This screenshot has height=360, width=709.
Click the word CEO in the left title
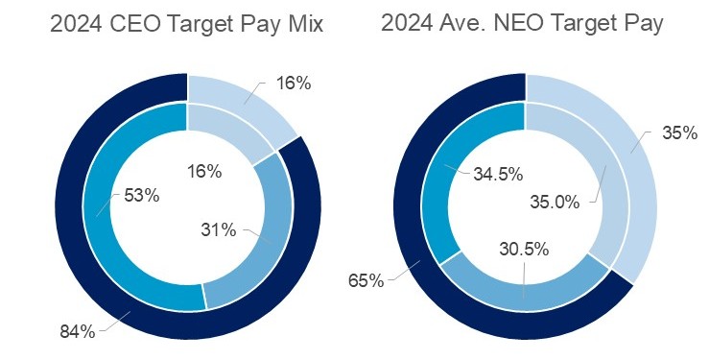pyautogui.click(x=131, y=25)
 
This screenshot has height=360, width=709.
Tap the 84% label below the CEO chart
pyautogui.click(x=77, y=332)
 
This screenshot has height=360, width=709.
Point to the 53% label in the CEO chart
pyautogui.click(x=141, y=195)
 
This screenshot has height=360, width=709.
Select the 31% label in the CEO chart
pyautogui.click(x=219, y=229)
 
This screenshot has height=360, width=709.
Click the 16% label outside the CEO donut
pyautogui.click(x=293, y=84)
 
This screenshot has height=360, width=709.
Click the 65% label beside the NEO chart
pyautogui.click(x=366, y=280)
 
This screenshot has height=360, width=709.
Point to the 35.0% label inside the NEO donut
pyautogui.click(x=555, y=202)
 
